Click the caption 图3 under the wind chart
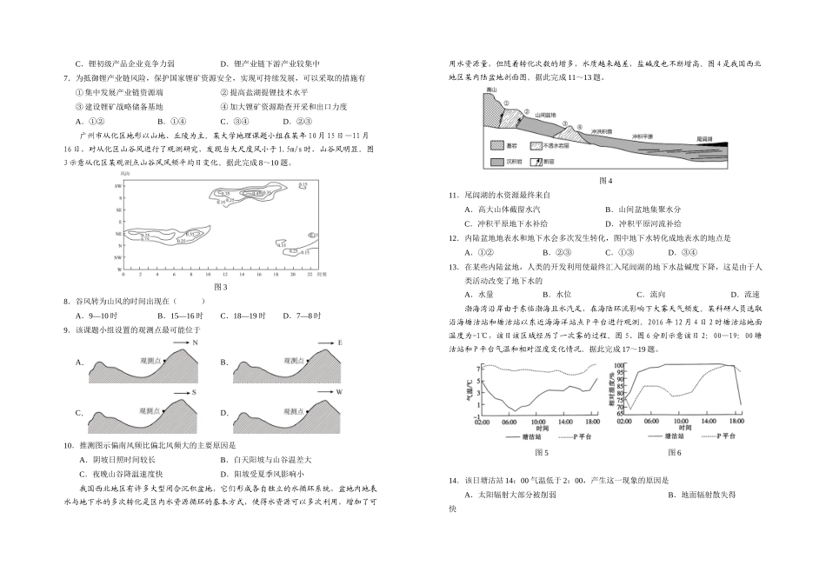220,287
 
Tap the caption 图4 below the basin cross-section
606,180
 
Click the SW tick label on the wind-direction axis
119,186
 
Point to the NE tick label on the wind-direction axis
119,246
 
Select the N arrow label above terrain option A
196,343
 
